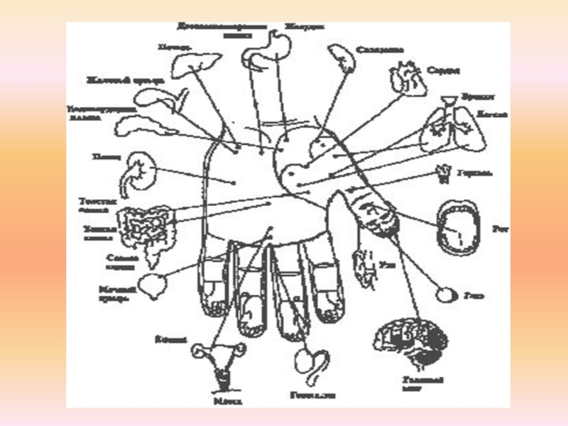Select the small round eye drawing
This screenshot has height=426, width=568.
click(448, 293)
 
